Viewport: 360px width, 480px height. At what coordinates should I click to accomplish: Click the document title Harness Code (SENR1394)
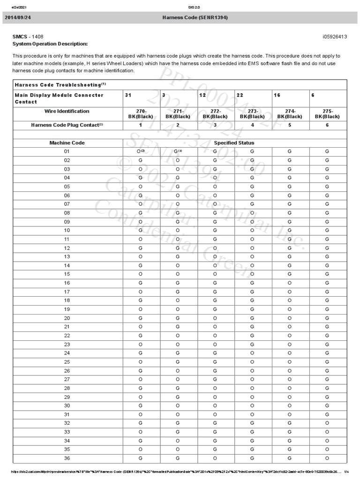point(195,18)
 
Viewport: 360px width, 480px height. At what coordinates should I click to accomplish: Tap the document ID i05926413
point(335,37)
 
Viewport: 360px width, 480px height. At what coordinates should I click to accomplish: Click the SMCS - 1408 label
point(28,37)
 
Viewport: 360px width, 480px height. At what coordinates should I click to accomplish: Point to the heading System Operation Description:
point(50,44)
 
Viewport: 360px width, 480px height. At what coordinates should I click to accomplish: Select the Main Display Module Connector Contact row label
point(59,98)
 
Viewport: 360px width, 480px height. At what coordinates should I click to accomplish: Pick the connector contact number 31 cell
point(128,95)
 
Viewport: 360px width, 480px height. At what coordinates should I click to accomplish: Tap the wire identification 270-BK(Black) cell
point(141,114)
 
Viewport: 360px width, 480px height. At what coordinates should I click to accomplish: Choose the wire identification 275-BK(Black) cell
point(327,114)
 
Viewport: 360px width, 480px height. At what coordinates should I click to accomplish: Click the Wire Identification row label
point(67,112)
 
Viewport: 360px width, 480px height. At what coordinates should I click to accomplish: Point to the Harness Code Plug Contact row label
point(67,125)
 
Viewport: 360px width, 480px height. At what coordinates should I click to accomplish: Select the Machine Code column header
point(67,142)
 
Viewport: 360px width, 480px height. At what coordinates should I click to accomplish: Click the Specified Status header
point(234,142)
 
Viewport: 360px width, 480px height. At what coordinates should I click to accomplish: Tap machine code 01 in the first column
point(67,151)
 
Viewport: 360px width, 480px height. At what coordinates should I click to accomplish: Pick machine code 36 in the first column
point(67,458)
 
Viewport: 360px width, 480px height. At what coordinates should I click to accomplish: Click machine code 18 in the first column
point(67,300)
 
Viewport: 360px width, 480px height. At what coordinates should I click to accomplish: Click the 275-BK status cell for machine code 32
point(327,423)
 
